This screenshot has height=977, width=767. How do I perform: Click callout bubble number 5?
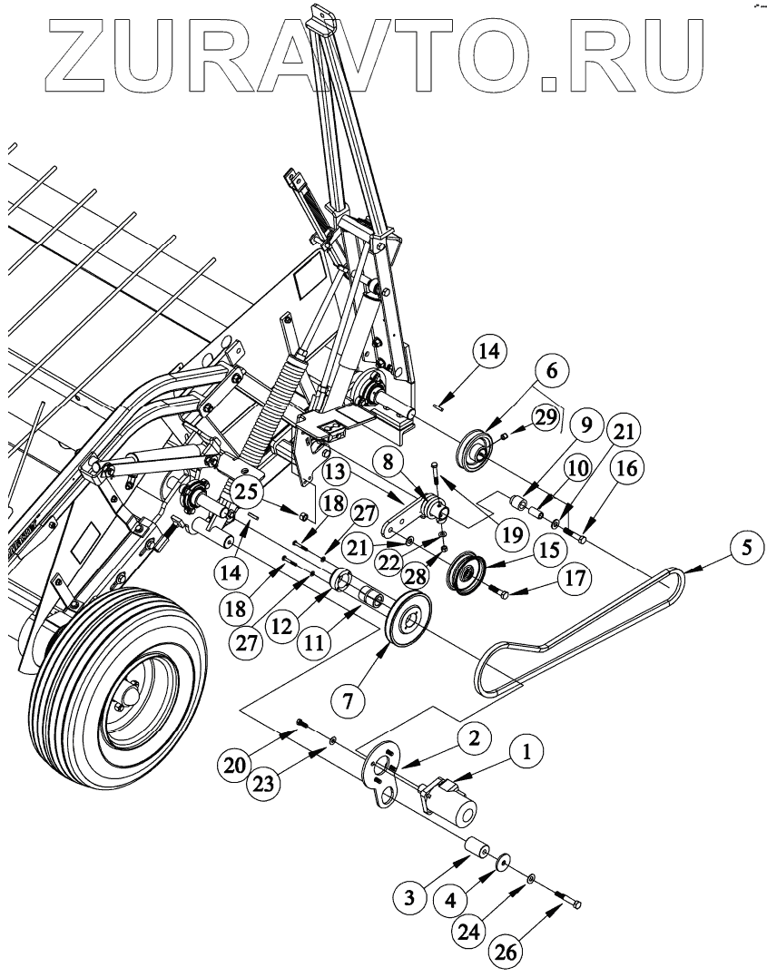coord(745,547)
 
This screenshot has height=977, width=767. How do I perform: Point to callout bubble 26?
coord(506,952)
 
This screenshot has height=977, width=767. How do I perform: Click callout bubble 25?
coord(242,493)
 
